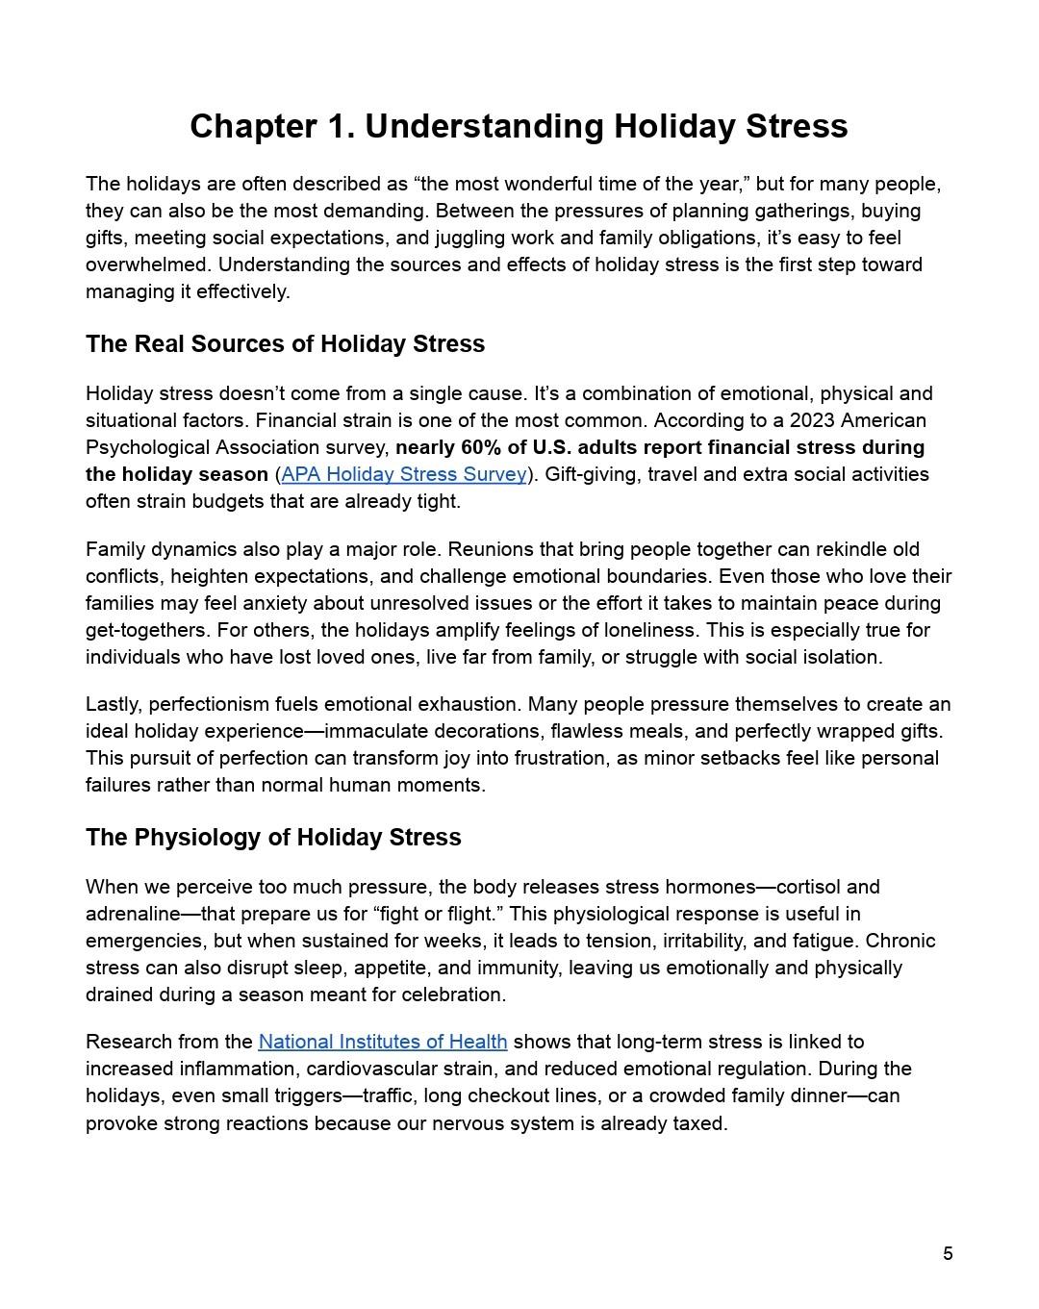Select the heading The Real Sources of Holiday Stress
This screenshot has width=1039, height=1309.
point(285,344)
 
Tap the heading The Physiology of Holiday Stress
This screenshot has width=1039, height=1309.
point(273,838)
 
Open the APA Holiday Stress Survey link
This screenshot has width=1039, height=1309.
point(404,474)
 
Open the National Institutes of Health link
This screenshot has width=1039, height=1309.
point(382,1042)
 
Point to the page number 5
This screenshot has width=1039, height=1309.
point(948,1253)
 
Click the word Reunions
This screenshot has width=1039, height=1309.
point(489,549)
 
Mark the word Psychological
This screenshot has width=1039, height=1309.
point(143,447)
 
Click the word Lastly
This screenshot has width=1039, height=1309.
point(114,704)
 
